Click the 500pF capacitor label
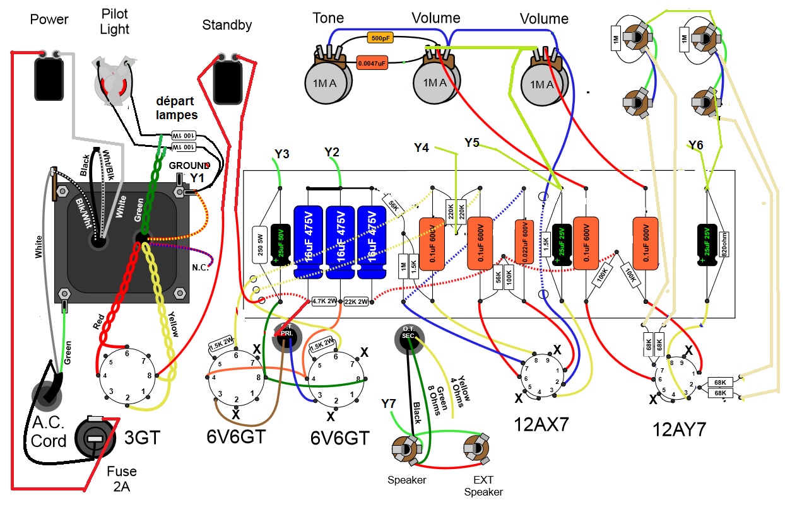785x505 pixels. (x=380, y=38)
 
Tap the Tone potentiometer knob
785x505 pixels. (x=326, y=83)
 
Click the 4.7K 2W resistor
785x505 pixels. (x=326, y=302)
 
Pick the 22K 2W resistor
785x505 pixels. (x=357, y=302)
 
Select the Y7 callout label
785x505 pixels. (x=390, y=403)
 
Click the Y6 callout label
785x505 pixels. (x=695, y=146)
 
